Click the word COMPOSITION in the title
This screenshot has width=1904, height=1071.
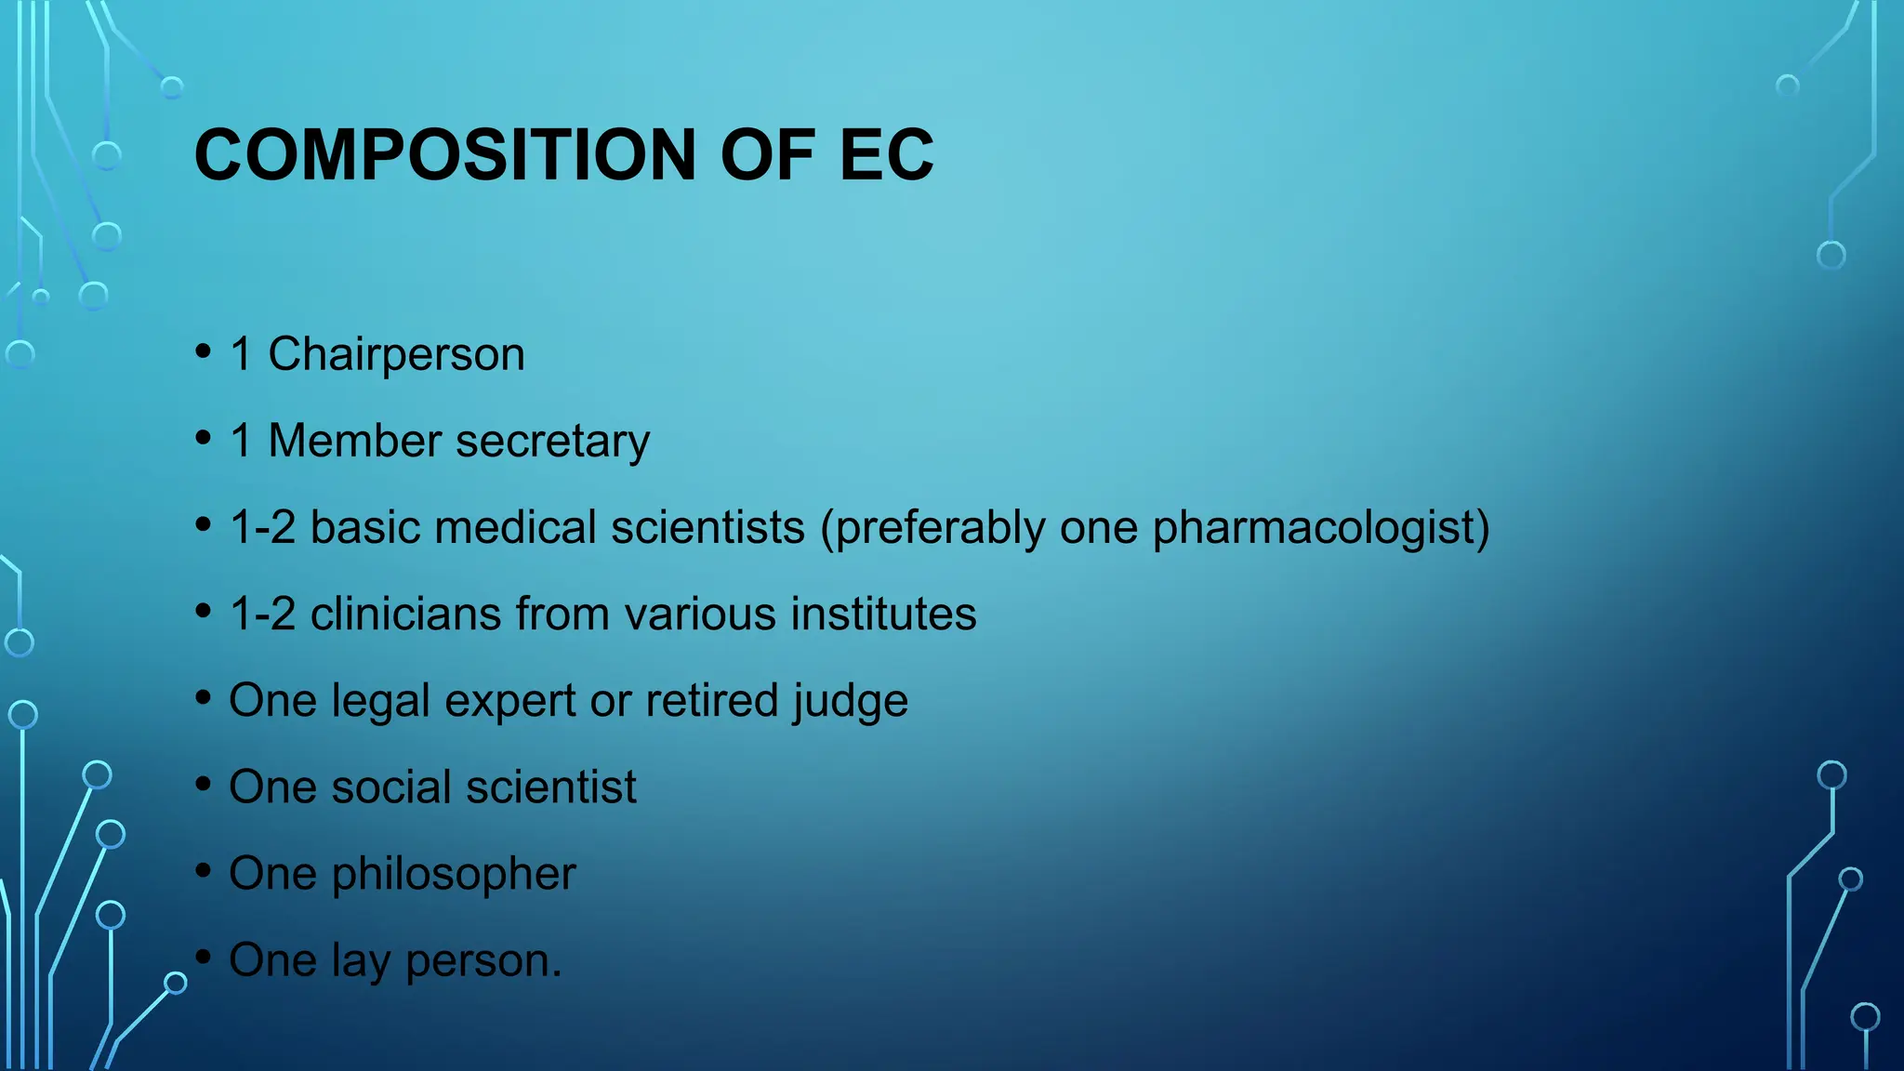(445, 154)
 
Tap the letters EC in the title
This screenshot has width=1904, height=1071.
(886, 154)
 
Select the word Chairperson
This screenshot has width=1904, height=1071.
(396, 355)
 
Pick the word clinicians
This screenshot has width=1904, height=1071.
(405, 614)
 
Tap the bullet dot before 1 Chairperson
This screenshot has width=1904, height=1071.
(204, 352)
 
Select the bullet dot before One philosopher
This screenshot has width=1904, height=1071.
(204, 871)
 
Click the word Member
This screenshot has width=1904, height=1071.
(354, 441)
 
